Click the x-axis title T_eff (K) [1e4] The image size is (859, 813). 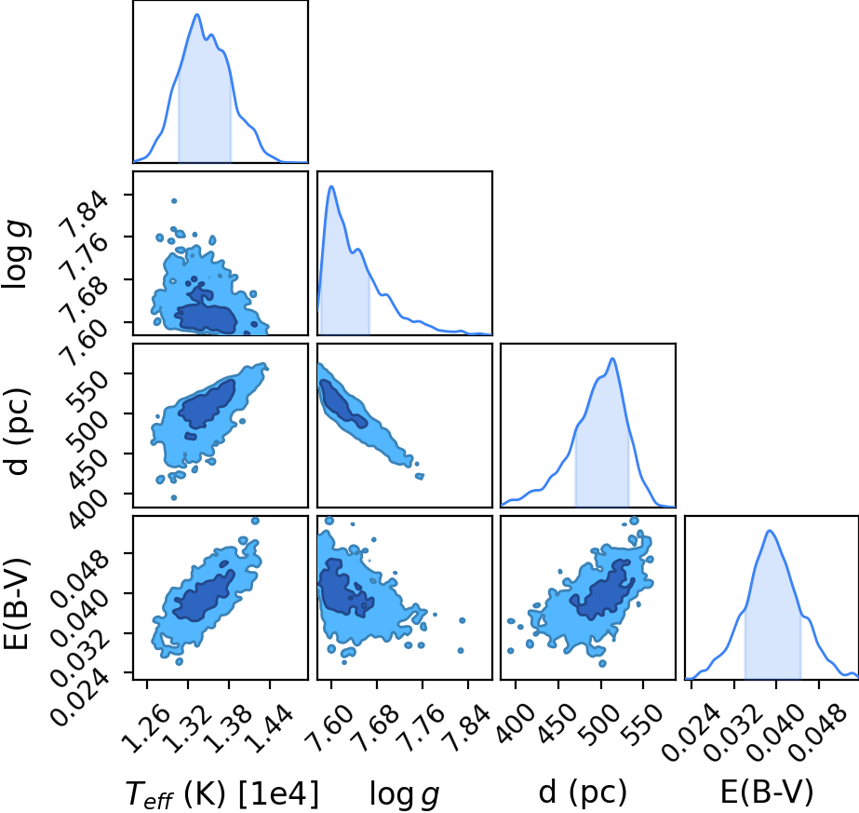pyautogui.click(x=221, y=793)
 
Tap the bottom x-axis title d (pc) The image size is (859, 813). pyautogui.click(x=583, y=793)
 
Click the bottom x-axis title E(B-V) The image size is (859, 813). pyautogui.click(x=767, y=793)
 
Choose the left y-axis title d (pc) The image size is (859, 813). pyautogui.click(x=17, y=431)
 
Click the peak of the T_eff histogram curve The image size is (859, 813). pyautogui.click(x=196, y=14)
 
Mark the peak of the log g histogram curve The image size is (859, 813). pyautogui.click(x=331, y=186)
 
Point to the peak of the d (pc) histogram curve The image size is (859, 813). pyautogui.click(x=613, y=359)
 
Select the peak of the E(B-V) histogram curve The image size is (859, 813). pyautogui.click(x=771, y=530)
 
